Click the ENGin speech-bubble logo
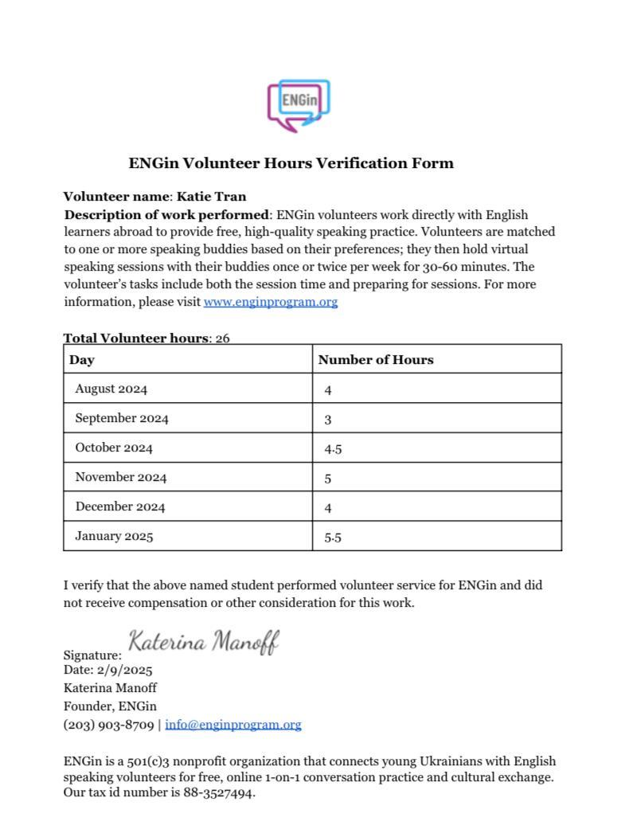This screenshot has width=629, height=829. click(299, 105)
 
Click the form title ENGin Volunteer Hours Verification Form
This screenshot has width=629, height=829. click(291, 163)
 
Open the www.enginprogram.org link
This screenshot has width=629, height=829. click(271, 302)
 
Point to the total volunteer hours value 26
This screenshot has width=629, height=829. click(222, 338)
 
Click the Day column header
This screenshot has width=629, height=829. click(82, 360)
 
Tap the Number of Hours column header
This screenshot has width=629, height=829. click(376, 360)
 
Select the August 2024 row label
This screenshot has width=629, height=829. click(111, 389)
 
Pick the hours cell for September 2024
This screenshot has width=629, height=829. click(328, 420)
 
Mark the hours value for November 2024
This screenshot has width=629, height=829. click(328, 479)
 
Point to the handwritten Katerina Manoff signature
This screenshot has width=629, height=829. click(204, 642)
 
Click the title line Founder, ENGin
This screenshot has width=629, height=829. click(110, 706)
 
